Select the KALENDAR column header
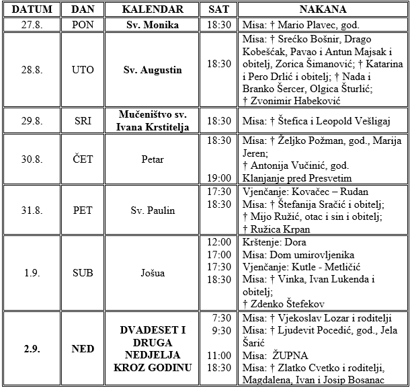pyautogui.click(x=153, y=9)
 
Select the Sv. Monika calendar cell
pyautogui.click(x=153, y=25)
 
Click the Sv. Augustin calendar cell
pyautogui.click(x=153, y=69)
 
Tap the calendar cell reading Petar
pyautogui.click(x=153, y=159)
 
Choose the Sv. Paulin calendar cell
pyautogui.click(x=153, y=210)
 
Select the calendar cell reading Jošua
pyautogui.click(x=153, y=273)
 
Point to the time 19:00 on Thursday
pyautogui.click(x=219, y=178)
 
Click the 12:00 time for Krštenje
pyautogui.click(x=219, y=242)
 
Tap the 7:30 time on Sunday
pyautogui.click(x=222, y=318)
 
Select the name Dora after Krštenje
pyautogui.click(x=297, y=242)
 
